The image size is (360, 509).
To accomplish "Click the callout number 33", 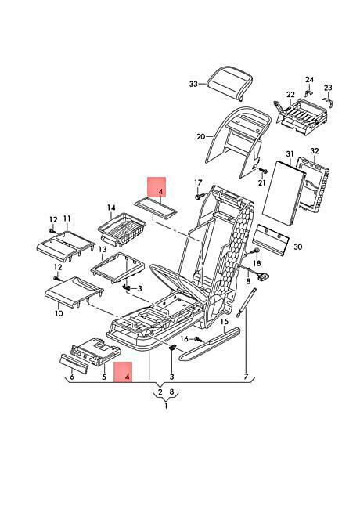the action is [x=193, y=84].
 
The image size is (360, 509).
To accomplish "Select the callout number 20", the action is [x=201, y=137].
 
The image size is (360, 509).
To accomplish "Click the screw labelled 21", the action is [x=264, y=171].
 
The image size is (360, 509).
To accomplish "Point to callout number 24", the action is [x=309, y=80].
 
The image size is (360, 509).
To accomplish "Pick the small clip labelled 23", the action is [x=329, y=102].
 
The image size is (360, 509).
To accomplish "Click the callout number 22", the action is [x=290, y=95].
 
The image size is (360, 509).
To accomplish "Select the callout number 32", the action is [x=315, y=151].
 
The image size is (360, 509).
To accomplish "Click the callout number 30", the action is [x=297, y=247].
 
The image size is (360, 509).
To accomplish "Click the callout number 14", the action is [x=111, y=208].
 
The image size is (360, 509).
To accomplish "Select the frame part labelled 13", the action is [x=117, y=267].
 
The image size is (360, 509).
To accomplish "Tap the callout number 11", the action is [x=67, y=218].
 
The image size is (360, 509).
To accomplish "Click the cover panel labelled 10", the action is [x=74, y=293].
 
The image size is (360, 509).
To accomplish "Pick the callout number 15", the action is [x=225, y=322].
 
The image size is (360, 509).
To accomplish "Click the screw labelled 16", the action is [x=199, y=340].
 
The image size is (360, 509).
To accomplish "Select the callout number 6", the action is [x=72, y=377].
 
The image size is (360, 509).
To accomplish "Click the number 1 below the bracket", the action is [x=166, y=406].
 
